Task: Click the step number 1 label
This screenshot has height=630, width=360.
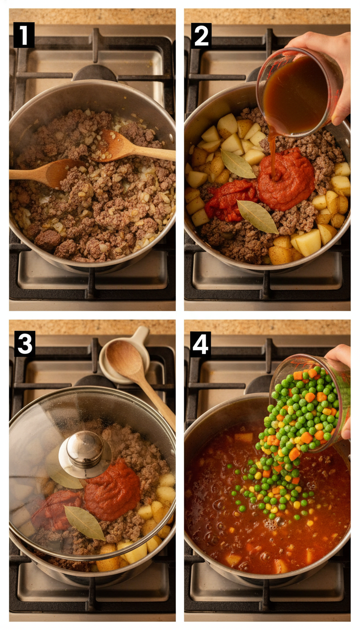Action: point(23,35)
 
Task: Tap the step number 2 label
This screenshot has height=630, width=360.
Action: point(201,35)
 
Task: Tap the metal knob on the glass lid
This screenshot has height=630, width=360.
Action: point(84,451)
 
